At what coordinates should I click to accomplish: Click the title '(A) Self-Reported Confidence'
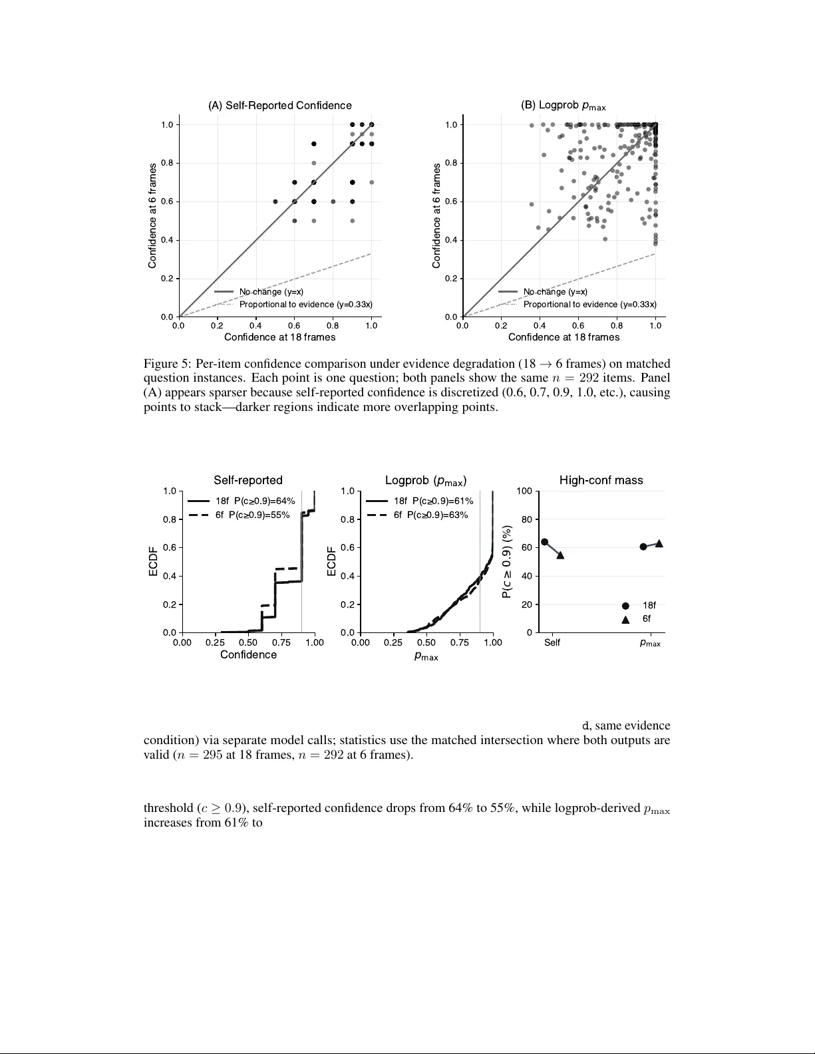(x=279, y=106)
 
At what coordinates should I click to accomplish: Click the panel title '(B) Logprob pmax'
(x=563, y=106)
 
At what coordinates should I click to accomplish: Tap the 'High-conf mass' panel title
(x=601, y=480)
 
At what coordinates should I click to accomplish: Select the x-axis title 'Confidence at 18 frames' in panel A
(x=279, y=337)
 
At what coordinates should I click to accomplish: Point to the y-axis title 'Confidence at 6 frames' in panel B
(x=436, y=216)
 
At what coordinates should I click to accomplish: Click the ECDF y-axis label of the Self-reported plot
(x=153, y=562)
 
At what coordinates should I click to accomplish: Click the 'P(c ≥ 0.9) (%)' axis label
(x=508, y=562)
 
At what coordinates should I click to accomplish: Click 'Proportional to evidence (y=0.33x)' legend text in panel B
(x=589, y=305)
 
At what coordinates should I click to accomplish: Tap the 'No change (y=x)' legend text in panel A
(x=271, y=292)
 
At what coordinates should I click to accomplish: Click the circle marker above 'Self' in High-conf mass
(x=544, y=542)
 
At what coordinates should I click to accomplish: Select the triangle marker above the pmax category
(x=659, y=543)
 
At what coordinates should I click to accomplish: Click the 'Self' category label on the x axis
(x=552, y=642)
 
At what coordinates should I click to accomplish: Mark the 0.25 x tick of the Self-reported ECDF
(x=215, y=642)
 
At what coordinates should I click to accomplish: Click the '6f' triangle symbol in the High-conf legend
(x=625, y=619)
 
